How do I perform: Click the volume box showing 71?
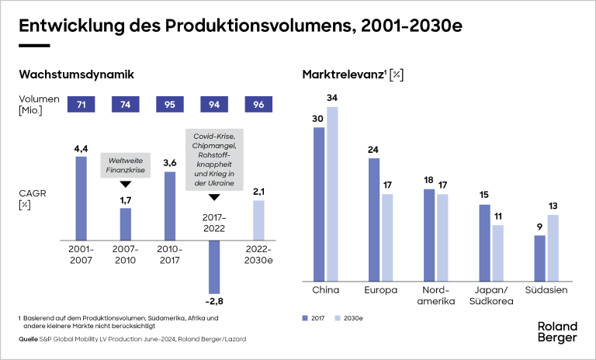click(81, 105)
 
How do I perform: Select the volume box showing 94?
click(214, 105)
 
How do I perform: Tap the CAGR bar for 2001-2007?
click(81, 199)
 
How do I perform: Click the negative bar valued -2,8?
click(214, 266)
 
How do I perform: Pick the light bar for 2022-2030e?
click(258, 220)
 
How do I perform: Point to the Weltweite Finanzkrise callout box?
click(125, 164)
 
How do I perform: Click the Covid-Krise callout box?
click(214, 161)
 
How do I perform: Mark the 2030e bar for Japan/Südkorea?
click(497, 251)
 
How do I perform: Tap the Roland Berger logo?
click(557, 332)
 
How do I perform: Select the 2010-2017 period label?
click(170, 254)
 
